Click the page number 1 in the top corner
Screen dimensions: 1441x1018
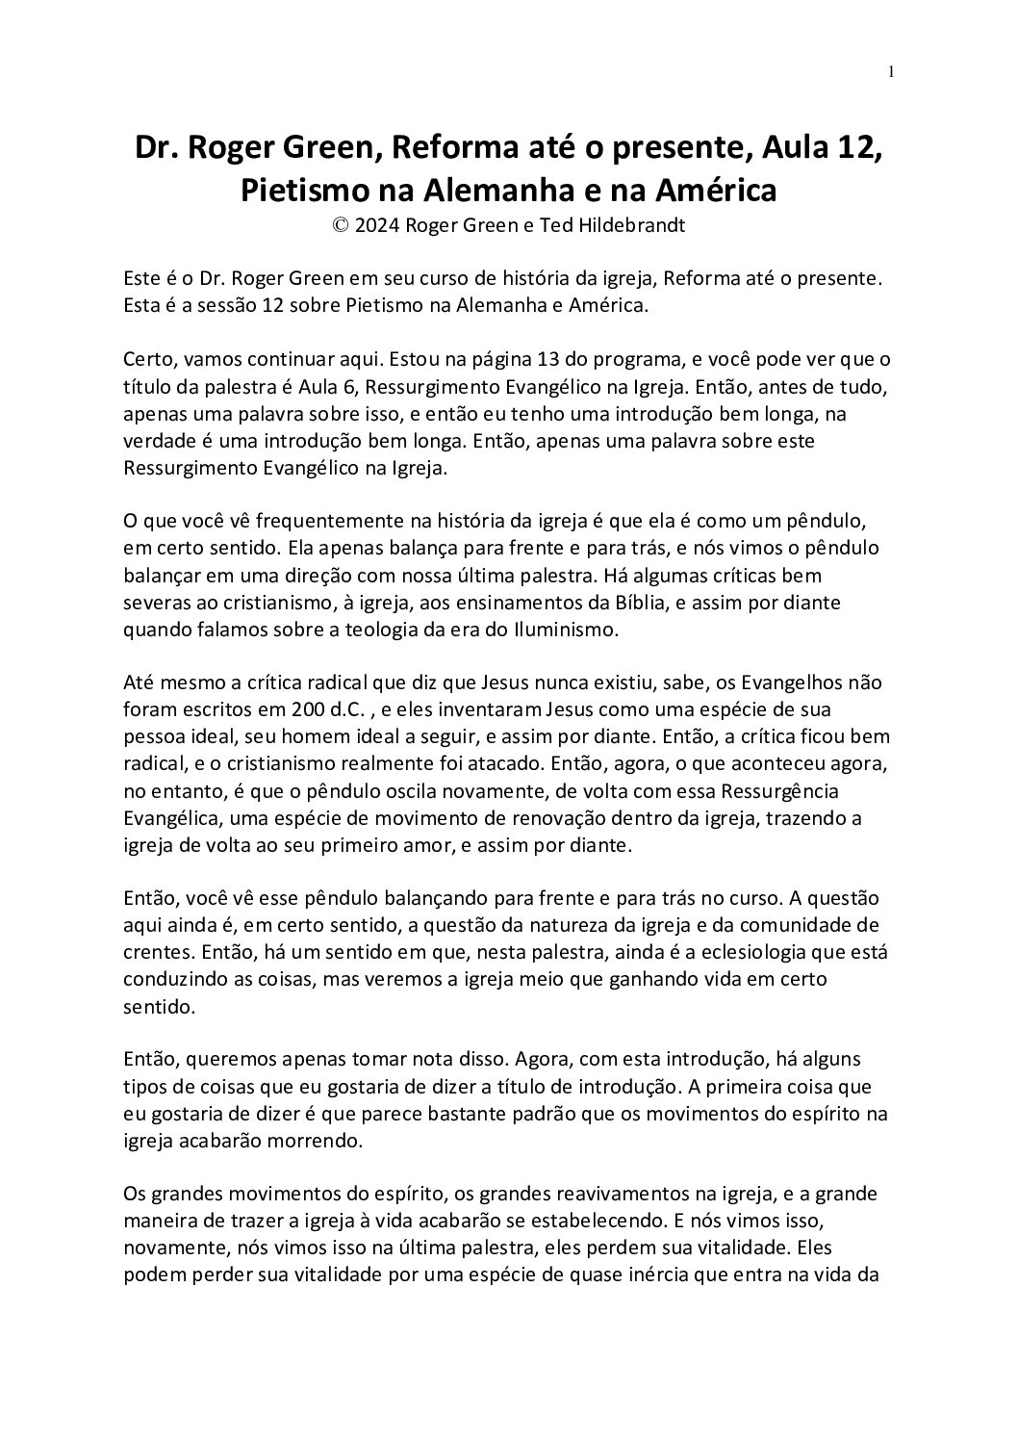(x=891, y=71)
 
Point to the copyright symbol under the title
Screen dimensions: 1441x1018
(x=339, y=225)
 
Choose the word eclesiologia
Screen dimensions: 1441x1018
(x=713, y=953)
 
